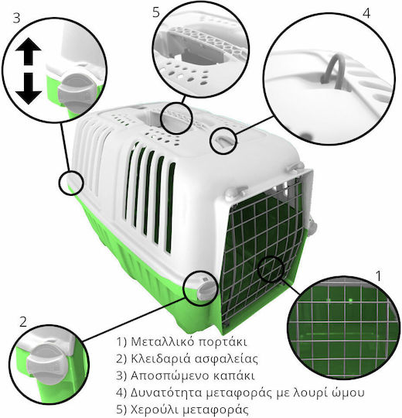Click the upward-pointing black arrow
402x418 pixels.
(x=28, y=51)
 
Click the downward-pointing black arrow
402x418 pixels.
(x=29, y=89)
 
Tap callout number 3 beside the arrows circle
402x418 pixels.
(x=16, y=18)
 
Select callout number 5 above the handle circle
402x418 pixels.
(x=156, y=12)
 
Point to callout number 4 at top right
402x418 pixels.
(x=366, y=13)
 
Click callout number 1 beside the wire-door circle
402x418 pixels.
(x=378, y=276)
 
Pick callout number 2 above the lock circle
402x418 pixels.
(x=23, y=322)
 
